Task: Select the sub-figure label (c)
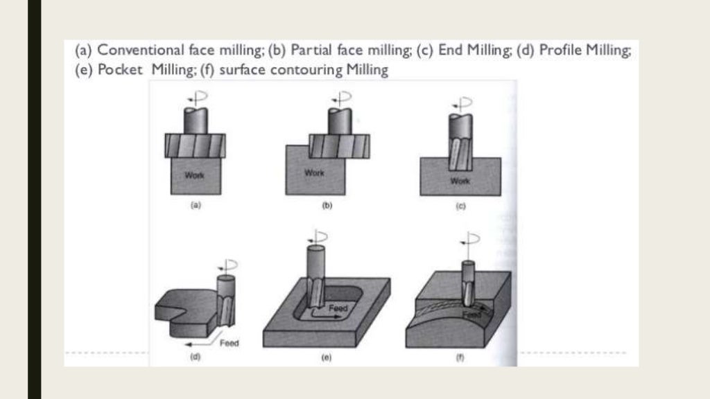(459, 206)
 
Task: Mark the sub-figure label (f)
(459, 357)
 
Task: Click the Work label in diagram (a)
(194, 175)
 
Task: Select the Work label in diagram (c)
(460, 181)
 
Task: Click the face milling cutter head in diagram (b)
(338, 146)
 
